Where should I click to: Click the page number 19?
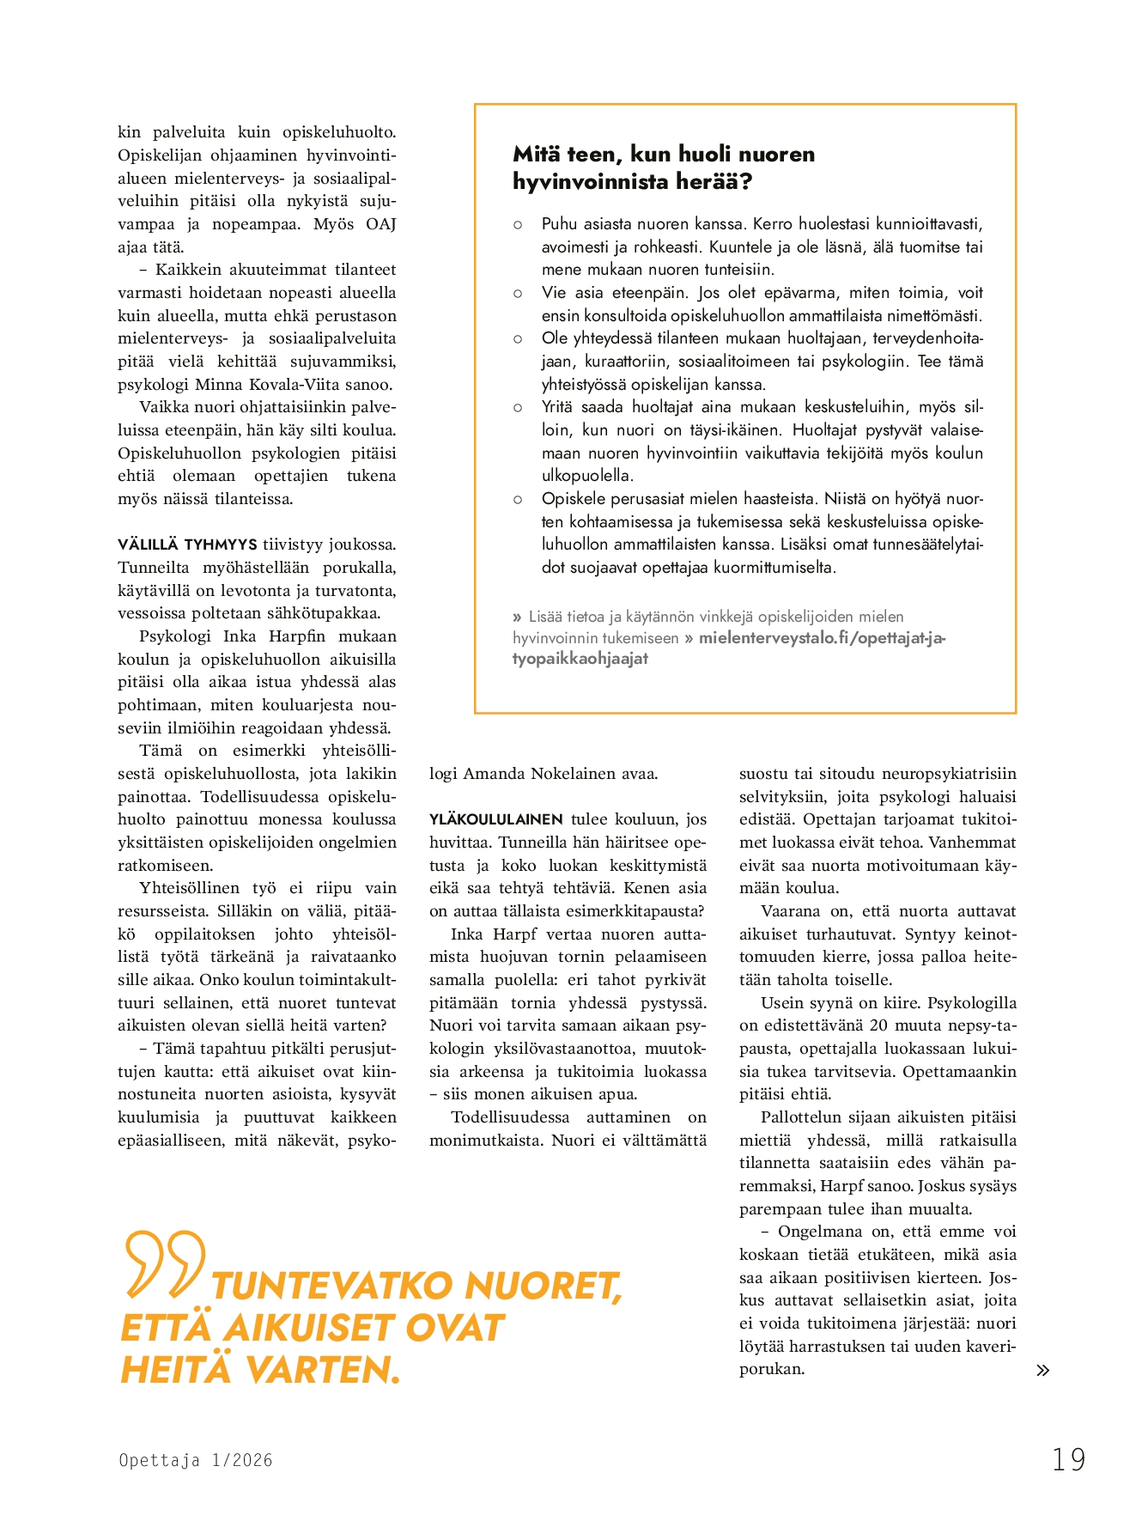coord(1069,1459)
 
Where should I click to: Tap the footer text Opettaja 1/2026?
coord(196,1460)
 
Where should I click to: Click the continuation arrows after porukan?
coord(1042,1370)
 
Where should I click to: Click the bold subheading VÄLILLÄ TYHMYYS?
coord(187,545)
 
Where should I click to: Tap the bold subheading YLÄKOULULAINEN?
coord(496,819)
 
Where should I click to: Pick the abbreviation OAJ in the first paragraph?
coord(380,224)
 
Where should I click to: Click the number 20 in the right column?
coord(878,1025)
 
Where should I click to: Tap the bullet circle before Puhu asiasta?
coord(518,225)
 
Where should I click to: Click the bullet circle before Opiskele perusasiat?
coord(518,499)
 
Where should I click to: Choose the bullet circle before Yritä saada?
coord(518,408)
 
